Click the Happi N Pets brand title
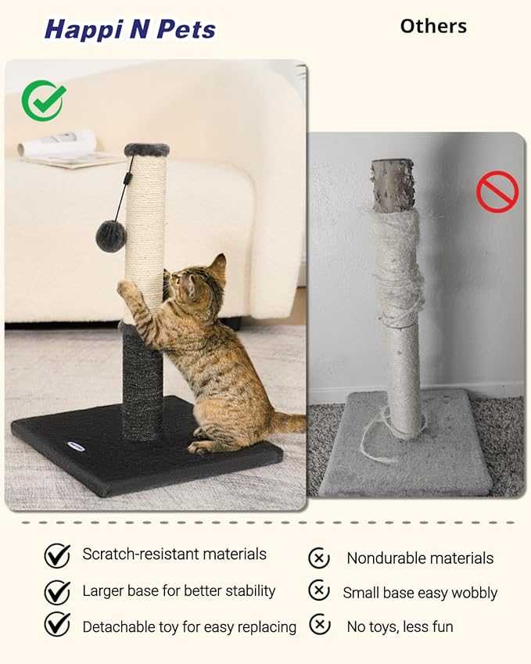tap(130, 30)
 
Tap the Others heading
tap(432, 26)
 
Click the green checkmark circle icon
tap(43, 100)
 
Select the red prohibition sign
tap(497, 192)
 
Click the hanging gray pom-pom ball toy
tap(111, 235)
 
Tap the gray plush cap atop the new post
tap(146, 149)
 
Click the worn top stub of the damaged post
tap(393, 186)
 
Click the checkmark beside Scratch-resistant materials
tap(57, 555)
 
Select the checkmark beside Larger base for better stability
tap(57, 592)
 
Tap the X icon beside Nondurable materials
tap(319, 558)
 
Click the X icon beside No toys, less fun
tap(319, 625)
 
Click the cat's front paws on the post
tap(126, 288)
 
